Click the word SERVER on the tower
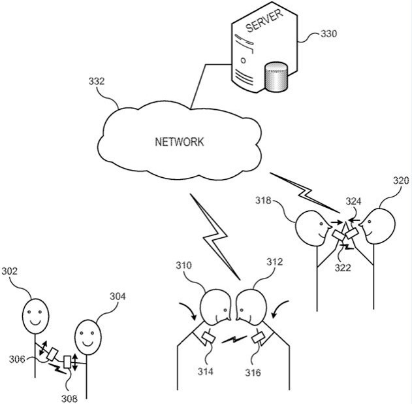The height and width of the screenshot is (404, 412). tap(264, 21)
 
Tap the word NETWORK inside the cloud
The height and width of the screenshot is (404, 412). tap(180, 142)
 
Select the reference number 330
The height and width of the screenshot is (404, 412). tap(328, 34)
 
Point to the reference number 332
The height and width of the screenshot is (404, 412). tap(97, 81)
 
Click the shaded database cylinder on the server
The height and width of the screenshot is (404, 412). tap(276, 76)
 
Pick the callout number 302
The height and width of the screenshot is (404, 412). tap(9, 271)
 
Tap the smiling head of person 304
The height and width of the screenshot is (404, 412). tap(88, 337)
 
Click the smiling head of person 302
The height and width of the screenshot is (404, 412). tap(35, 316)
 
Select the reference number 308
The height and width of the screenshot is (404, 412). tap(69, 399)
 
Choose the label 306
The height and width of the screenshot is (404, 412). tap(17, 360)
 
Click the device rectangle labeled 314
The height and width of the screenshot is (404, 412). tap(208, 338)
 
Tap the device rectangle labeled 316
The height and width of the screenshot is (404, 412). tap(259, 337)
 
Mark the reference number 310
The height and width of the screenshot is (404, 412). tap(183, 265)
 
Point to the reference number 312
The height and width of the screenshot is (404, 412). tap(275, 261)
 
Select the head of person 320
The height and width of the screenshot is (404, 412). tap(377, 226)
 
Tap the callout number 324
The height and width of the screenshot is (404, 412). tap(353, 201)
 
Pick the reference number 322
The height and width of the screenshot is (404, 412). tap(343, 268)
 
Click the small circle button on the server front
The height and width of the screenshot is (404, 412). tap(243, 61)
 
